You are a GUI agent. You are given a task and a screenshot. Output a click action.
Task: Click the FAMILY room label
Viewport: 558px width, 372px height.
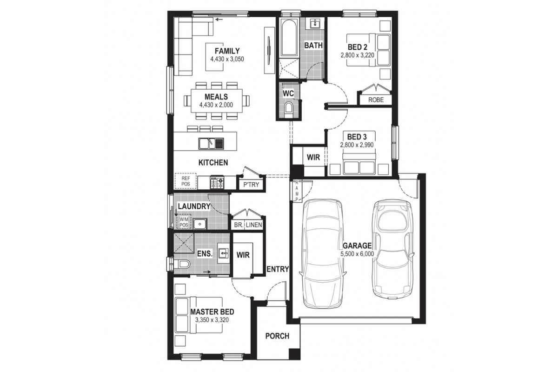(227, 51)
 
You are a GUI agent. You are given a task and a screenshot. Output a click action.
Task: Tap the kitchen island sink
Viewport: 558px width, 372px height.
(211, 144)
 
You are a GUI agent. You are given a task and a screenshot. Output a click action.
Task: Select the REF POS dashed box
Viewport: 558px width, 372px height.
(186, 181)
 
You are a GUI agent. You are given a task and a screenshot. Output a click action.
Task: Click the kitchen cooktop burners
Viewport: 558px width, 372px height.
(217, 182)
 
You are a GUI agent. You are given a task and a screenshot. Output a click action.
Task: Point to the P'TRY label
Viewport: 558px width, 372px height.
(251, 185)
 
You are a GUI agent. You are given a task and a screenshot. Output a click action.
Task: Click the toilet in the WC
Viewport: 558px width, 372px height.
(288, 108)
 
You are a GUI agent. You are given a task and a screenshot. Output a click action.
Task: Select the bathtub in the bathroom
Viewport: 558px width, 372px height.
(289, 37)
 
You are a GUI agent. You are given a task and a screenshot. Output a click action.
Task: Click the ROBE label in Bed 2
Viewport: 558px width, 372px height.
(376, 100)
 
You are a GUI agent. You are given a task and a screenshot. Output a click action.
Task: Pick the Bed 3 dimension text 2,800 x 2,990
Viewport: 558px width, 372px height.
(357, 145)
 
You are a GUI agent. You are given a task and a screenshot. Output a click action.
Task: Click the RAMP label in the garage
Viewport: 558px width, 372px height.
(297, 191)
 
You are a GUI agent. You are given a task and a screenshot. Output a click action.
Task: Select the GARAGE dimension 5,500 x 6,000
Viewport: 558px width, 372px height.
(357, 254)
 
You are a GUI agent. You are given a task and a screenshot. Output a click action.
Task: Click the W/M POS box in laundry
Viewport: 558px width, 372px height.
(184, 222)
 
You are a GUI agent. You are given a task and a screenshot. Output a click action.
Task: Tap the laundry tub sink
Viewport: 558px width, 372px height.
(199, 224)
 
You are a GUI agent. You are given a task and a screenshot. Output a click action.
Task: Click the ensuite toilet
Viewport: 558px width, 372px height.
(182, 264)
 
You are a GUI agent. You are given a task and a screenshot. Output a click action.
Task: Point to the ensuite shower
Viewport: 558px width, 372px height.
(184, 243)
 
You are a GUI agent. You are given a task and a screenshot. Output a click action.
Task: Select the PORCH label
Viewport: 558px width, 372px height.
(277, 336)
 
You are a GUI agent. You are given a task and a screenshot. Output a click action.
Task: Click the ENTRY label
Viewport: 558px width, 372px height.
(278, 269)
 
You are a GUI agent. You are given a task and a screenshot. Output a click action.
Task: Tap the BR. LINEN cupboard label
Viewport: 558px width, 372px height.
(248, 225)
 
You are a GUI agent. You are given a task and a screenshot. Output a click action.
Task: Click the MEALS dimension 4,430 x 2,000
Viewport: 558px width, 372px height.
(216, 105)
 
